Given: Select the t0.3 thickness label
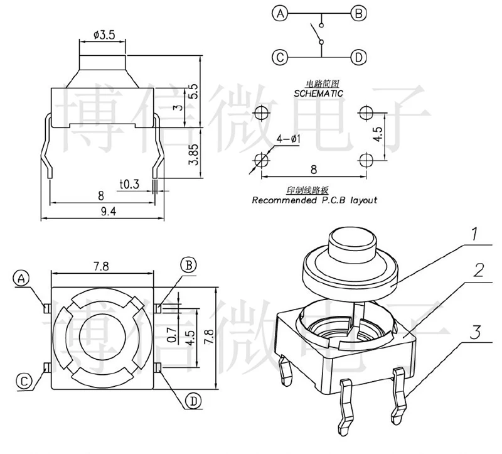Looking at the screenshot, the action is click(x=128, y=184).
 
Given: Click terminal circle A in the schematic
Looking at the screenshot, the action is click(x=279, y=13).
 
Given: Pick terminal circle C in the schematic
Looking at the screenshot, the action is click(x=279, y=58).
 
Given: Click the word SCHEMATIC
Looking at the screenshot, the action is click(x=319, y=92).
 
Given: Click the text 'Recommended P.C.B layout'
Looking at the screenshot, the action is click(x=314, y=201).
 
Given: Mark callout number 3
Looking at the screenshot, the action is click(x=478, y=331).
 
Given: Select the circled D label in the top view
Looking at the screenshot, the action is click(x=193, y=400).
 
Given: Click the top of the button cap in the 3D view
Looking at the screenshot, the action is click(x=351, y=238).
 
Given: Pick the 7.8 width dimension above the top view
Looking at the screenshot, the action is click(x=101, y=266).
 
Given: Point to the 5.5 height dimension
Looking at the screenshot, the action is click(x=194, y=90).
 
